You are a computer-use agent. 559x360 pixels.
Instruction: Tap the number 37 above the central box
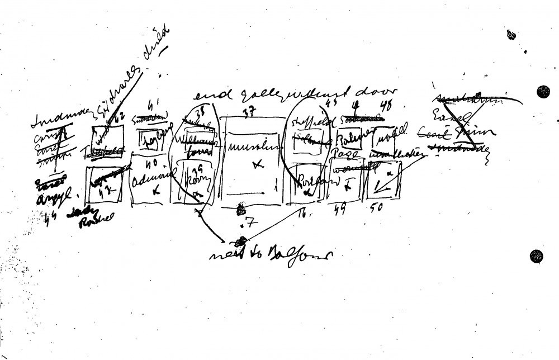pos(249,112)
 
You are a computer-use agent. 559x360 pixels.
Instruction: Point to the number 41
pos(154,103)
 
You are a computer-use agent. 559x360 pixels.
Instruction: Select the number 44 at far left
pos(54,219)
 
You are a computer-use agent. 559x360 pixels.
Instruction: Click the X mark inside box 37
pos(257,164)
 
